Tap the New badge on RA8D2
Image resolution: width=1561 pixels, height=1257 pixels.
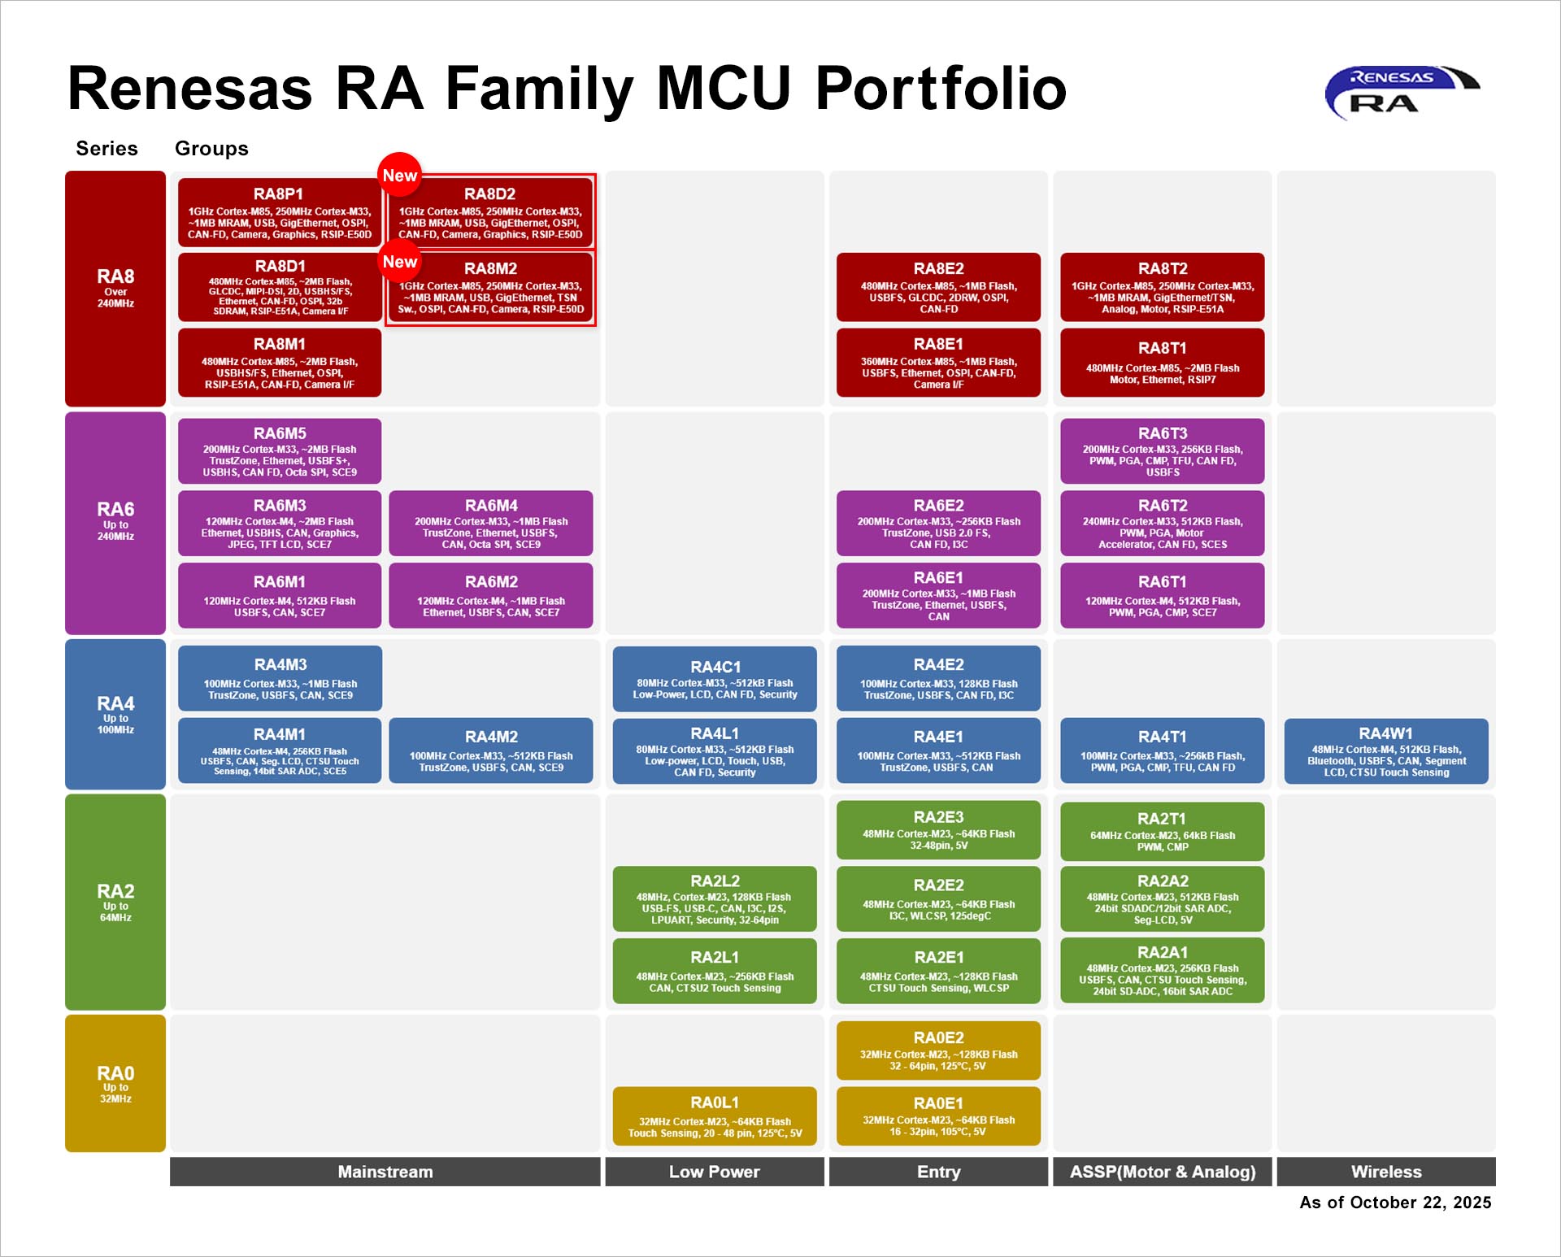click(x=399, y=175)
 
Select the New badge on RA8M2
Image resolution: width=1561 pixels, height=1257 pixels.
click(x=399, y=261)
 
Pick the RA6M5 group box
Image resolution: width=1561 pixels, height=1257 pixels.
click(x=279, y=451)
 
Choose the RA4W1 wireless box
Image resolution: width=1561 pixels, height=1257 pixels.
click(x=1385, y=751)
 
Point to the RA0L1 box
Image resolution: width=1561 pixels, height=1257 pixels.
click(x=714, y=1116)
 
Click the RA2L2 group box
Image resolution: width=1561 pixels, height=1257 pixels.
click(x=714, y=898)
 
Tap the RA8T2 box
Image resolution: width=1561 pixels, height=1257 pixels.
click(x=1162, y=287)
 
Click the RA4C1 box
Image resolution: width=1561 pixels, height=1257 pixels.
click(x=714, y=679)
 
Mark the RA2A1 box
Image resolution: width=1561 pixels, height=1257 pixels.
click(x=1162, y=970)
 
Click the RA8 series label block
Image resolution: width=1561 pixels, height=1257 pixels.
click(x=115, y=288)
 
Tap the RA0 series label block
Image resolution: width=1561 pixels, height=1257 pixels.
click(x=115, y=1083)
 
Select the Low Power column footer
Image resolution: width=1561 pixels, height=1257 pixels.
click(x=714, y=1172)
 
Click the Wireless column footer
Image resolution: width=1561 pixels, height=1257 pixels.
click(x=1385, y=1172)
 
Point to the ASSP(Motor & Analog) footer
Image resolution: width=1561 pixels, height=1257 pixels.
click(x=1162, y=1172)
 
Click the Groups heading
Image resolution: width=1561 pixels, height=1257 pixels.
click(x=211, y=148)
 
